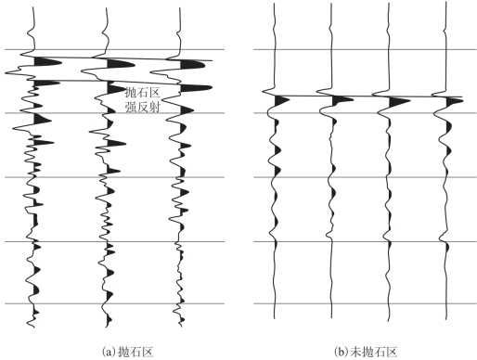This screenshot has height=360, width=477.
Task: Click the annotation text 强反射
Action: point(143,107)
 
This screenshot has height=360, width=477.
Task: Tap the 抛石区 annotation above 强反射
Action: point(143,92)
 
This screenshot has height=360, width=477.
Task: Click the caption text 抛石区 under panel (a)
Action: point(136,353)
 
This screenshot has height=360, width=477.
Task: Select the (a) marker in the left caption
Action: point(110,353)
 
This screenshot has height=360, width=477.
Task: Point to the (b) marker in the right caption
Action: point(342,353)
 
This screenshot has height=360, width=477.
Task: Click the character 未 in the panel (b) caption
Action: point(356,353)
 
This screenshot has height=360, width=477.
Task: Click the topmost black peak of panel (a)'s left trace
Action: point(48,61)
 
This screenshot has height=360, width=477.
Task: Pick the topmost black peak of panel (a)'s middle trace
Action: point(121,64)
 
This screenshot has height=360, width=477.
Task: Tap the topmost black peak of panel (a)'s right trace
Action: point(192,64)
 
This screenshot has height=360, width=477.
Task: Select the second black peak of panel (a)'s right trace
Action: point(196,88)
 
